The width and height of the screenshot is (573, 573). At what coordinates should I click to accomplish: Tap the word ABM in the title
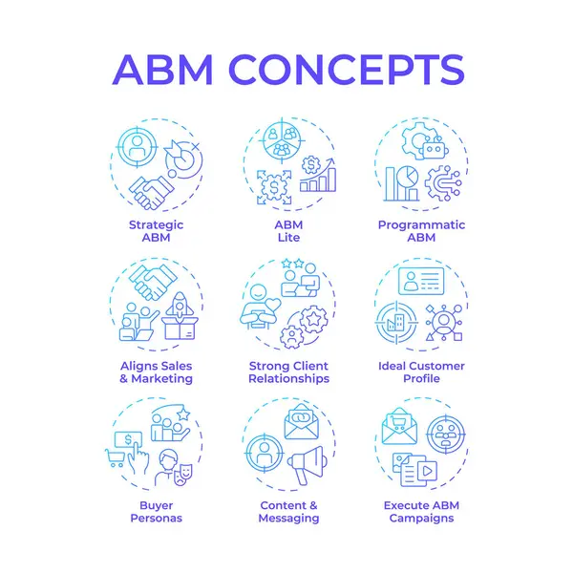[x=164, y=70]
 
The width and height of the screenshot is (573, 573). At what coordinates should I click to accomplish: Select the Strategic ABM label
[x=156, y=231]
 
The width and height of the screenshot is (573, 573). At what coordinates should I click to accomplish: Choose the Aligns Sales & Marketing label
[x=156, y=371]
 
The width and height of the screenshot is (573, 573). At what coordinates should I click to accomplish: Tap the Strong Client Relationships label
[x=287, y=371]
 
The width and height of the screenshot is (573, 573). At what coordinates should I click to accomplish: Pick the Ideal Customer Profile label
[x=420, y=371]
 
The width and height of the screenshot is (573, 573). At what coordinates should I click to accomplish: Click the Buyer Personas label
[x=156, y=511]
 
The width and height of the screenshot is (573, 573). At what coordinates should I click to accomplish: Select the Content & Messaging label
[x=287, y=511]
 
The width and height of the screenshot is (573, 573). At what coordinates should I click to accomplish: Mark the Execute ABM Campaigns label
[x=420, y=511]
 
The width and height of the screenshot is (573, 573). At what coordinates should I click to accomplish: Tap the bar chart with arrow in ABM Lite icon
[x=318, y=177]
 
